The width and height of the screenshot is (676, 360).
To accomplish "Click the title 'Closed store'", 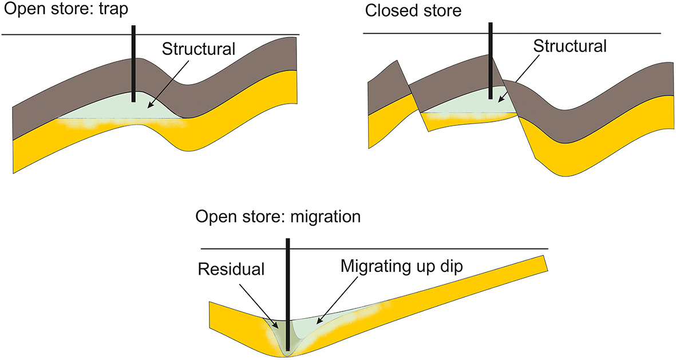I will (412, 11).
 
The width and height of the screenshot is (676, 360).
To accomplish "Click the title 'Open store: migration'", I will (278, 217).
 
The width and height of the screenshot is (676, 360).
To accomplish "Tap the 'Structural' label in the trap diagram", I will (198, 48).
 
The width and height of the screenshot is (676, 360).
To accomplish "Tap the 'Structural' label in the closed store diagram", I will (570, 46).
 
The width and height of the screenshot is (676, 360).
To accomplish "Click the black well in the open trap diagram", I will (133, 63).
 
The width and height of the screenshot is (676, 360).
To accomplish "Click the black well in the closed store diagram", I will (491, 60).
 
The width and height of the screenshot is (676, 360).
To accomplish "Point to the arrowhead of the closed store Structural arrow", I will (498, 101).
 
